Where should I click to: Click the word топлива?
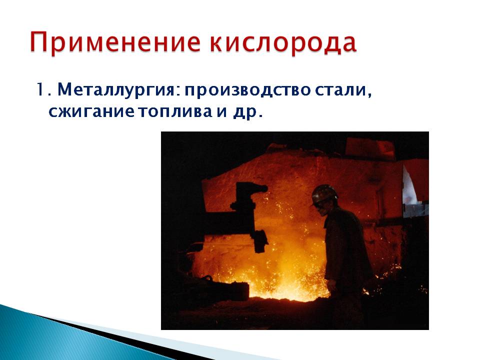pos(175,112)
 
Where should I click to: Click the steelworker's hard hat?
pos(324,194)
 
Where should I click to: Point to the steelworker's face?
pos(322,209)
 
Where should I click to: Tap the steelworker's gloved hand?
pos(331,285)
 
